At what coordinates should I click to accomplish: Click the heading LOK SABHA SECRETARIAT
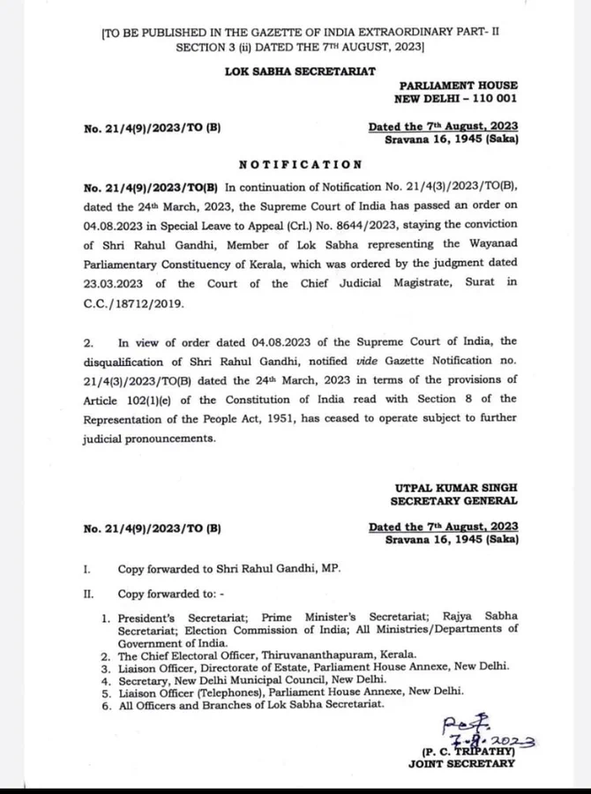(300, 71)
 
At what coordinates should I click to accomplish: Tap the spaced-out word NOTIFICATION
(300, 164)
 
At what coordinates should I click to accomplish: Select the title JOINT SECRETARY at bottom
(461, 764)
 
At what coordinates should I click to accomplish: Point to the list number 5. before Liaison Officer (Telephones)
(105, 693)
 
